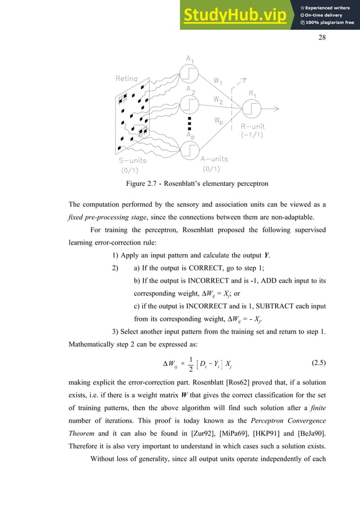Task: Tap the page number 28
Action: point(323,37)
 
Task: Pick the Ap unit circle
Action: point(189,151)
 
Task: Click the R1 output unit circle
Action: point(251,107)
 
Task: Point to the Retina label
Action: point(126,79)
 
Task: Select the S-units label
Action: point(128,160)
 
